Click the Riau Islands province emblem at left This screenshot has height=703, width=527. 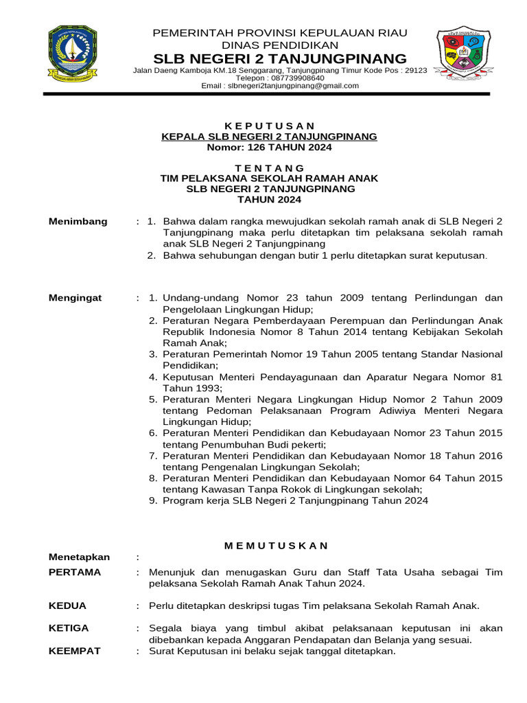[72, 54]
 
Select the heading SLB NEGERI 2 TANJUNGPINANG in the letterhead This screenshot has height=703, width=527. [279, 58]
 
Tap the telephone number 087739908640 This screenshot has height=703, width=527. [296, 78]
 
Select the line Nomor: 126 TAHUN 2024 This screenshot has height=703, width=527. [269, 148]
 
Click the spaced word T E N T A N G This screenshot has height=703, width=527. [269, 168]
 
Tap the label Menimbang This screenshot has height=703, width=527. [78, 221]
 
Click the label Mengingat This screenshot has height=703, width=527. [75, 298]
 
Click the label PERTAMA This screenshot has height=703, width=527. [75, 572]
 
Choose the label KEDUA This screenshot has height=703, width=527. [68, 606]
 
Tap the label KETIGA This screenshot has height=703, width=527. [69, 628]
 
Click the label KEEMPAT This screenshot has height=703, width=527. [75, 651]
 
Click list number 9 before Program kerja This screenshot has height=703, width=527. [153, 501]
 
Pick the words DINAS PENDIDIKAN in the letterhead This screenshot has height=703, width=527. [279, 45]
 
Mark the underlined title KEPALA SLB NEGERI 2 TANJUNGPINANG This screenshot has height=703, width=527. [269, 137]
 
